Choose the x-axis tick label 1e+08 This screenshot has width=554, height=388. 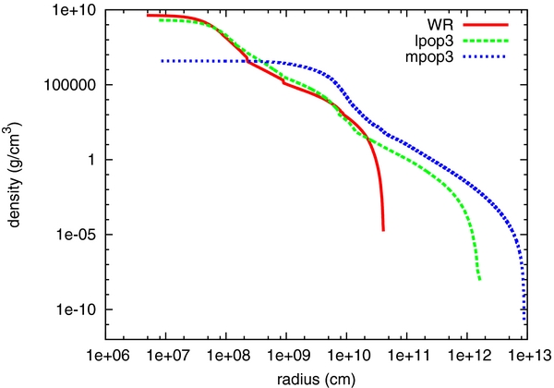coord(225,355)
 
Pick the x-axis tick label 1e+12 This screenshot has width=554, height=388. coord(467,355)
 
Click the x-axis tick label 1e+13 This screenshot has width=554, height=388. coord(527,355)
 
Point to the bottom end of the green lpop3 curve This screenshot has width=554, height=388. coord(480,279)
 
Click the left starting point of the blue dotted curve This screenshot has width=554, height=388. coord(162,61)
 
